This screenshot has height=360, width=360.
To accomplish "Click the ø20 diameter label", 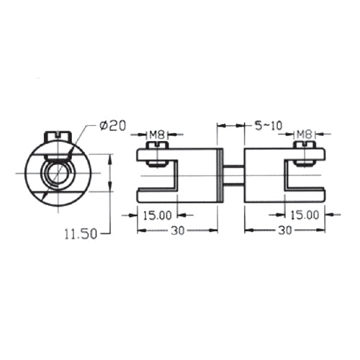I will tap(114, 126).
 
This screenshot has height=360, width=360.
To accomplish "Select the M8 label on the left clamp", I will tap(158, 134).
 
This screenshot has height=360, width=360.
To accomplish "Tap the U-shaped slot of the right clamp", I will tap(303, 176).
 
